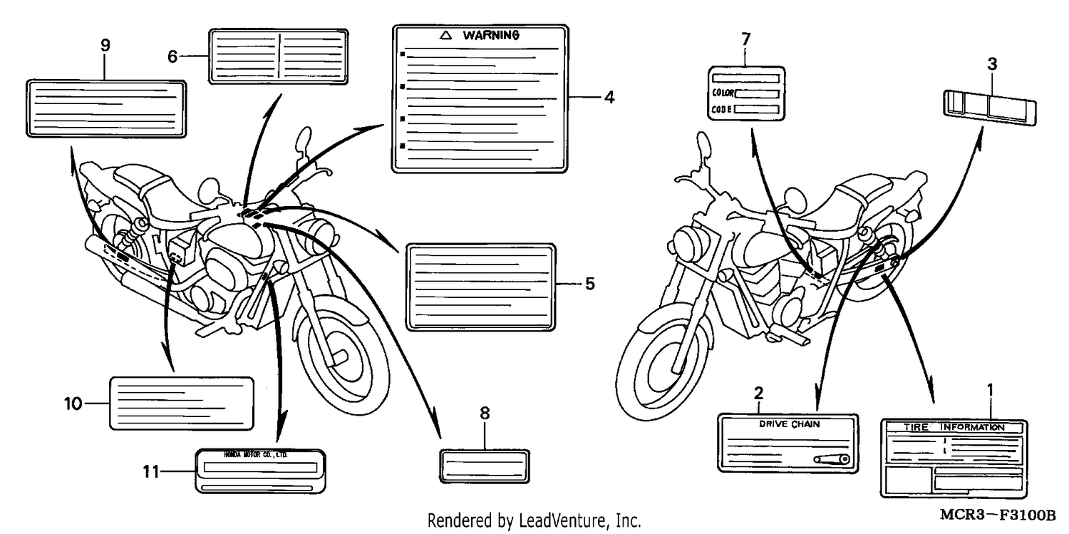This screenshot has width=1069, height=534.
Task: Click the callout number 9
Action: click(x=105, y=46)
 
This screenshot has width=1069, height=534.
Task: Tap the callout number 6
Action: click(x=172, y=57)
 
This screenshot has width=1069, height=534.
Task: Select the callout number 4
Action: click(x=609, y=98)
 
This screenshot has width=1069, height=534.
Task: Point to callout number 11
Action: click(x=151, y=472)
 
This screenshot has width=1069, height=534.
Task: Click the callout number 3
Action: click(x=992, y=64)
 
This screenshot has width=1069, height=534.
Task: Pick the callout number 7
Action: click(x=746, y=39)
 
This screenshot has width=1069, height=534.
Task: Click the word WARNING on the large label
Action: click(x=491, y=36)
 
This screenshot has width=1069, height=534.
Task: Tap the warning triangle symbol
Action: click(x=445, y=36)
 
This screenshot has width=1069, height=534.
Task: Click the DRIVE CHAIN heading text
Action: click(x=790, y=423)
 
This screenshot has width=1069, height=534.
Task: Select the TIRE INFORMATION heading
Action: click(x=954, y=427)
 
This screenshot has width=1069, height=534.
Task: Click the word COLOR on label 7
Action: click(x=723, y=93)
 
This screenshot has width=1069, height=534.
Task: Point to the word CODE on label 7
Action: click(x=721, y=109)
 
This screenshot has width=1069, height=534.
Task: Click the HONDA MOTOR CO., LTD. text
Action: click(x=256, y=455)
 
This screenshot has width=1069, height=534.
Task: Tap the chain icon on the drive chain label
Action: click(x=832, y=460)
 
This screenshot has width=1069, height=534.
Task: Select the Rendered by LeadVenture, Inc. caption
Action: click(x=534, y=520)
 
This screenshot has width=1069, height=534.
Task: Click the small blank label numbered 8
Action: click(x=485, y=466)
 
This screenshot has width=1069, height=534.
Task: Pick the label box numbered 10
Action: click(x=182, y=404)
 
